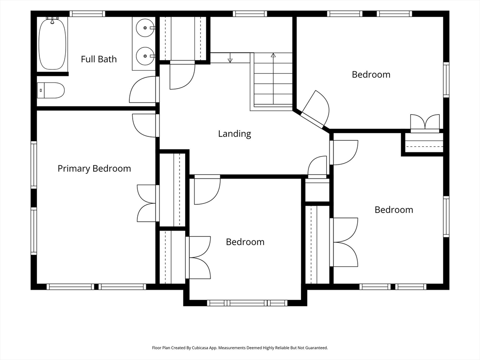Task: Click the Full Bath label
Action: [x=99, y=59]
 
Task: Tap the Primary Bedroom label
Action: [x=94, y=169]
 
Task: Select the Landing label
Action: [x=234, y=134]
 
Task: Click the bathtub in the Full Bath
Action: [x=52, y=43]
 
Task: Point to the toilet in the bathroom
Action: [x=51, y=90]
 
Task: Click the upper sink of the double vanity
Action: [x=145, y=28]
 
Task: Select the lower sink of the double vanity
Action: [x=145, y=56]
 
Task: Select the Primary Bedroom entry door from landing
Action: [x=144, y=126]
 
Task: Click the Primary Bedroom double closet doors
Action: [x=147, y=203]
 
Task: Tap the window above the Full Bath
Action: [x=87, y=14]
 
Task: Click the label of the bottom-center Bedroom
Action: [x=245, y=242]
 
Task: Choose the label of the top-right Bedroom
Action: [x=371, y=75]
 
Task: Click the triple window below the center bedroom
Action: [x=247, y=303]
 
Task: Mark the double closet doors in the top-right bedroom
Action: [x=425, y=123]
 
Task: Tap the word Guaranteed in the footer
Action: [x=317, y=348]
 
